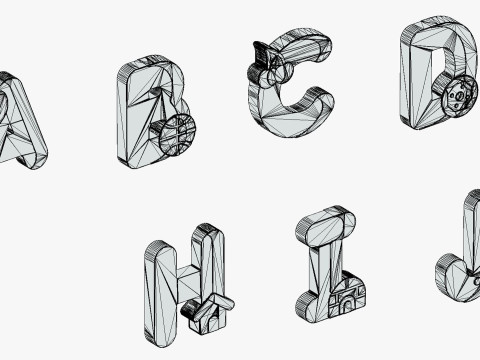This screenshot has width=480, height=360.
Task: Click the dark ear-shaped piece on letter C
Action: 261,54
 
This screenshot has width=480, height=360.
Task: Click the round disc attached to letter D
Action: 458,96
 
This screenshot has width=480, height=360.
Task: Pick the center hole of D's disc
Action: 459,96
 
